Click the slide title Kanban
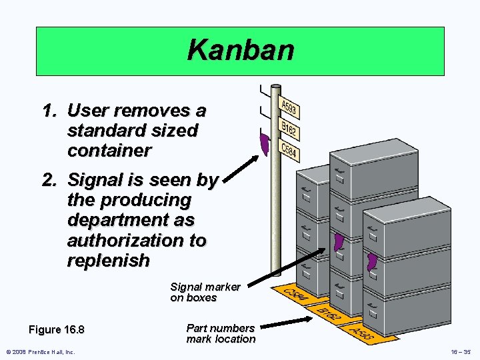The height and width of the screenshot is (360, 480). [240, 51]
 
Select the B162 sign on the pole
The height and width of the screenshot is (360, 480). [289, 129]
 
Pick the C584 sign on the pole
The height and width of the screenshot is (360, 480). [288, 150]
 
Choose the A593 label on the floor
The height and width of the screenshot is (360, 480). [363, 332]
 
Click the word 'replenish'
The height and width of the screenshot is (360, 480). [109, 260]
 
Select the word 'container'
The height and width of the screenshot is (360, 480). [109, 151]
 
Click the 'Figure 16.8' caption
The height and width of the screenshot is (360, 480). [57, 330]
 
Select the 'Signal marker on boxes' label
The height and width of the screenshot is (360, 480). [205, 292]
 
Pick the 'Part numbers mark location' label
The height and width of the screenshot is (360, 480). [221, 333]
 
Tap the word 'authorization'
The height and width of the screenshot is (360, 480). [137, 240]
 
